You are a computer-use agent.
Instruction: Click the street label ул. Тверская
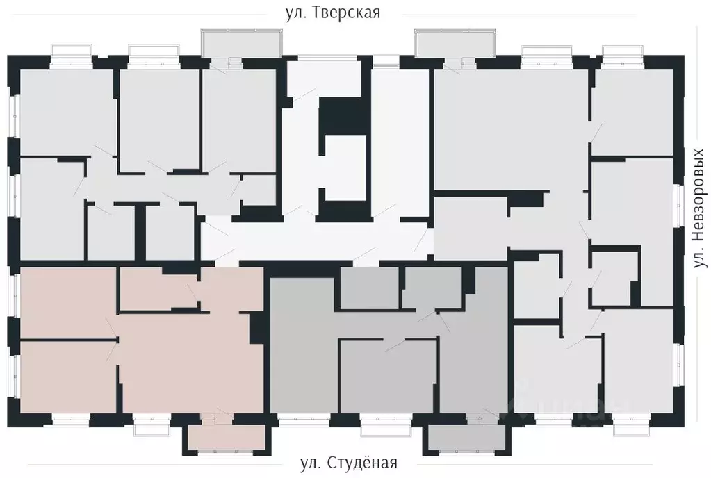333,13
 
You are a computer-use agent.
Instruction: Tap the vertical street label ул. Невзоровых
700,209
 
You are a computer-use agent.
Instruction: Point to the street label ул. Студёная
349,463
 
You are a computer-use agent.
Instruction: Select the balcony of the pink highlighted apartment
225,438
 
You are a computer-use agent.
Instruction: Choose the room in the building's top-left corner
66,111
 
